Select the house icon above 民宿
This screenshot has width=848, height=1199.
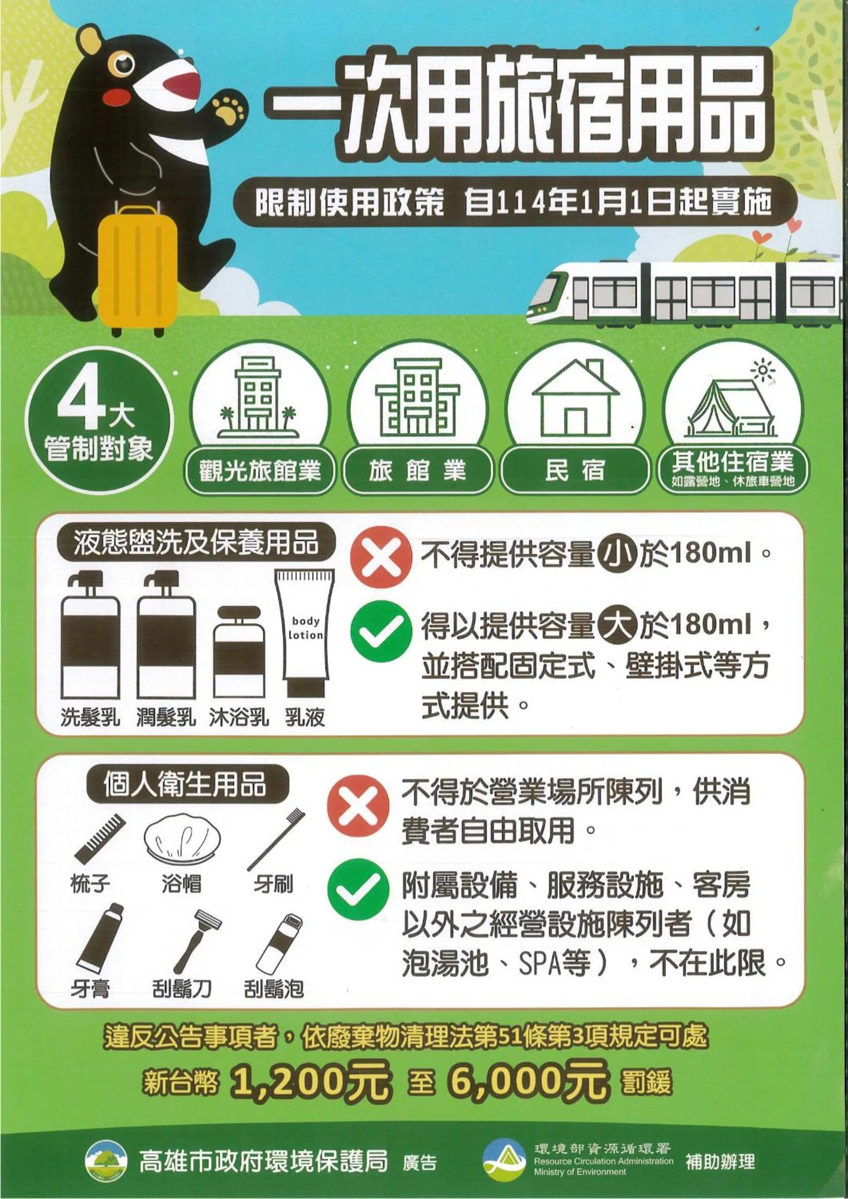[575, 398]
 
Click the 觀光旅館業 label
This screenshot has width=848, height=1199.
[260, 471]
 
